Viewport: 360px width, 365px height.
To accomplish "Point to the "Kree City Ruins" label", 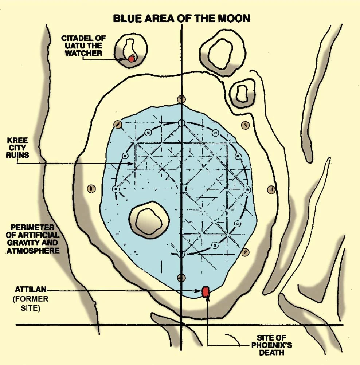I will pyautogui.click(x=17, y=148).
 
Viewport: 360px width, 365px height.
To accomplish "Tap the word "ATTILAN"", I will pyautogui.click(x=31, y=290).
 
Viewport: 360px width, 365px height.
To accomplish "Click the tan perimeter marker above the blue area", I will pyautogui.click(x=181, y=99).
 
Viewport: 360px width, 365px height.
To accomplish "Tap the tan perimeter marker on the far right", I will pyautogui.click(x=271, y=189).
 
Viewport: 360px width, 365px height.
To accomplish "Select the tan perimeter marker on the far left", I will pyautogui.click(x=91, y=188).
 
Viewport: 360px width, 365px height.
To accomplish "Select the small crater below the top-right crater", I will pyautogui.click(x=241, y=93).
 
